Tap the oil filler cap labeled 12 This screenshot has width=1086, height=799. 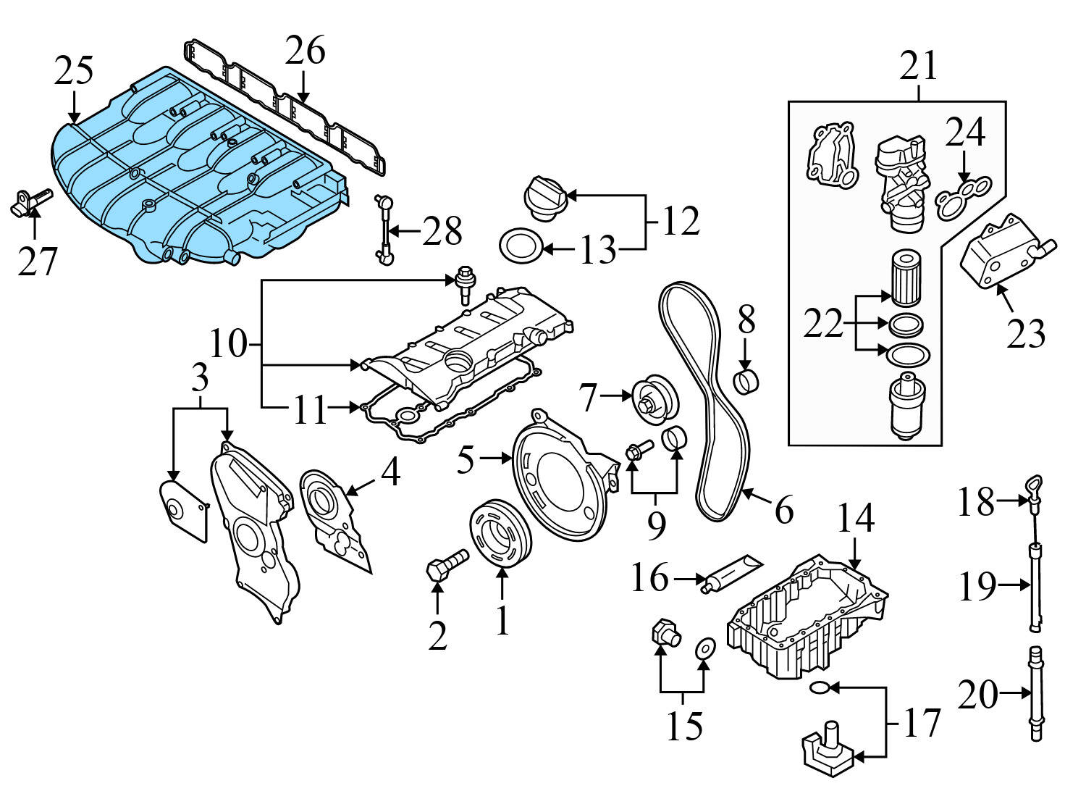coord(543,196)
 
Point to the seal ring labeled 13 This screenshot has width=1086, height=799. coord(520,247)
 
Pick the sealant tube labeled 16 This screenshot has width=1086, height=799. coord(731,572)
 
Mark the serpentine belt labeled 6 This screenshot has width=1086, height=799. coord(706,406)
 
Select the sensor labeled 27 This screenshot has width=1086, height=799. coord(31,202)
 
